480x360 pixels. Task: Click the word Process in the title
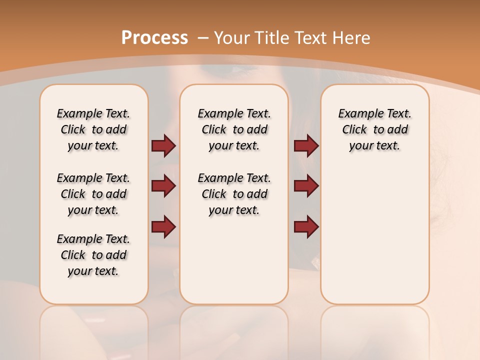coord(154,38)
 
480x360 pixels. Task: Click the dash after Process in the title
coord(203,38)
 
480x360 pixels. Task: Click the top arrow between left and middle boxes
coord(163,145)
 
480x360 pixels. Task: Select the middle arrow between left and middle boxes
coord(163,186)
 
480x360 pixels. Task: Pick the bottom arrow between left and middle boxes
coord(163,227)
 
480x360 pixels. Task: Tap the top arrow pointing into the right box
coord(306,145)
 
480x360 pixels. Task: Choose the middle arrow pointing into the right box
coord(306,186)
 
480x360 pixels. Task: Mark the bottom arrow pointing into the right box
coord(306,227)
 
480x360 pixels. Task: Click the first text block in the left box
coord(93,129)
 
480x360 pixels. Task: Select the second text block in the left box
coord(93,194)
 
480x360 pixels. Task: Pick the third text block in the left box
coord(93,255)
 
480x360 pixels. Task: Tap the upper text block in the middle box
coord(234,129)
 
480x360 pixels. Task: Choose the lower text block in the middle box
coord(234,194)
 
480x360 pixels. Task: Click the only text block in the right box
coord(374,129)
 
